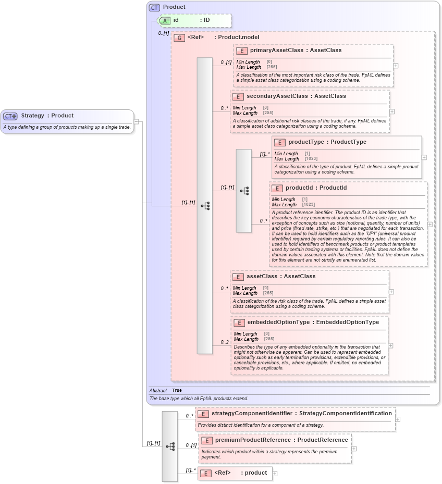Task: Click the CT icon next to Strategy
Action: (x=10, y=116)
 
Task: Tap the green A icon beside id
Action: (x=165, y=21)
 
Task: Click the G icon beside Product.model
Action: (x=179, y=38)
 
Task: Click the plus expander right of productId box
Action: (x=429, y=225)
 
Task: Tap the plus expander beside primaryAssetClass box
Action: (x=396, y=66)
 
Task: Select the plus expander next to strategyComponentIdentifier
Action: (x=398, y=419)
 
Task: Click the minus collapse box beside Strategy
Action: (x=137, y=122)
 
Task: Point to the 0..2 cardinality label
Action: (x=225, y=342)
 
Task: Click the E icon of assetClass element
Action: (x=238, y=277)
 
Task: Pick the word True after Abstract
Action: (x=177, y=390)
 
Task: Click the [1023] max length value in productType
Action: (x=311, y=158)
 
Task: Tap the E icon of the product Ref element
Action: (x=205, y=473)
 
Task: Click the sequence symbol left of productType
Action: (x=244, y=191)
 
